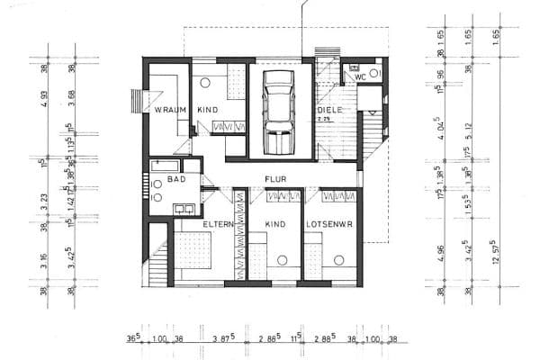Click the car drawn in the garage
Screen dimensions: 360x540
pos(280,113)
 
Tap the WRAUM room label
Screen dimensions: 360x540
pos(169,110)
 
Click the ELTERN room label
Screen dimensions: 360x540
pos(218,221)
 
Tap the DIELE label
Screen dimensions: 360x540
pos(327,110)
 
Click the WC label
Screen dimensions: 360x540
pos(360,77)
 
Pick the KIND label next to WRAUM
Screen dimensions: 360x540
pos(209,110)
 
